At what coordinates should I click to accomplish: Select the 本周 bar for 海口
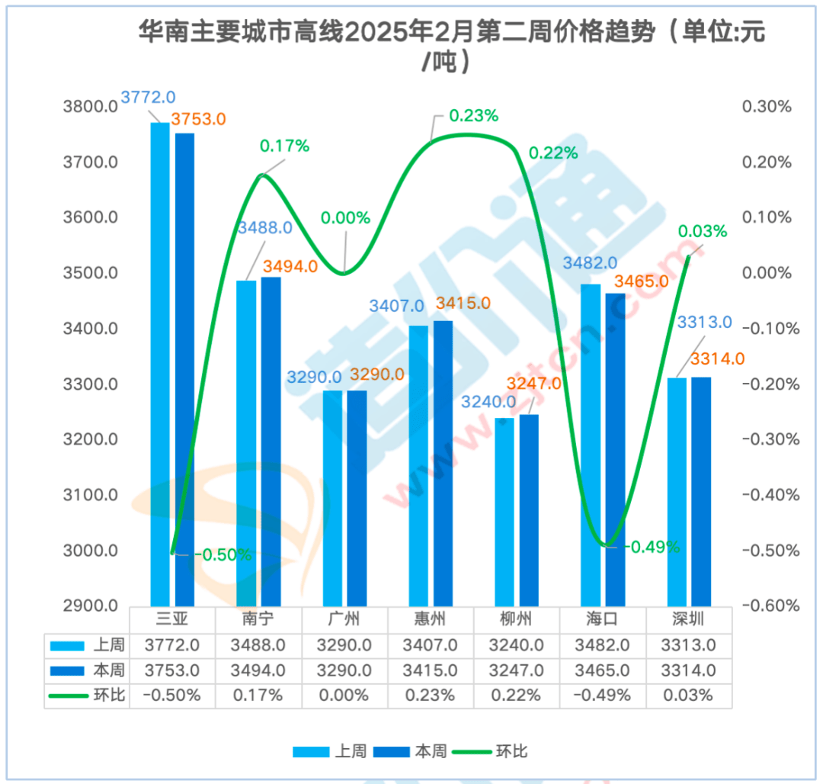[x=615, y=450]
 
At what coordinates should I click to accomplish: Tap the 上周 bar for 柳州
[x=504, y=512]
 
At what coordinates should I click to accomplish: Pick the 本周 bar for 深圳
[x=701, y=492]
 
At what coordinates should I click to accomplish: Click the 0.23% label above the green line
[x=473, y=116]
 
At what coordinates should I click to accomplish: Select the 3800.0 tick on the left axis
[x=90, y=107]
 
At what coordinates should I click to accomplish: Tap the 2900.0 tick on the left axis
[x=90, y=606]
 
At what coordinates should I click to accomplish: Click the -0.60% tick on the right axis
[x=770, y=606]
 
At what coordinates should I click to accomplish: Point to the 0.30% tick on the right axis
[x=767, y=107]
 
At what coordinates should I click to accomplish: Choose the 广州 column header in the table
[x=344, y=619]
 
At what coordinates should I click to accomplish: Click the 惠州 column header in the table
[x=431, y=619]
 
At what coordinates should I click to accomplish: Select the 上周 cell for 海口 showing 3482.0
[x=603, y=645]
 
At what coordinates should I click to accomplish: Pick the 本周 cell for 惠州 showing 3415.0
[x=431, y=671]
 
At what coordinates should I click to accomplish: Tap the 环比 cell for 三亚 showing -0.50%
[x=172, y=696]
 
